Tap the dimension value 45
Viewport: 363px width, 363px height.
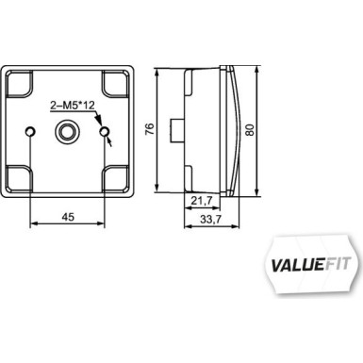67,216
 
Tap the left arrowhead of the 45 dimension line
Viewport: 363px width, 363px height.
35,224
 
